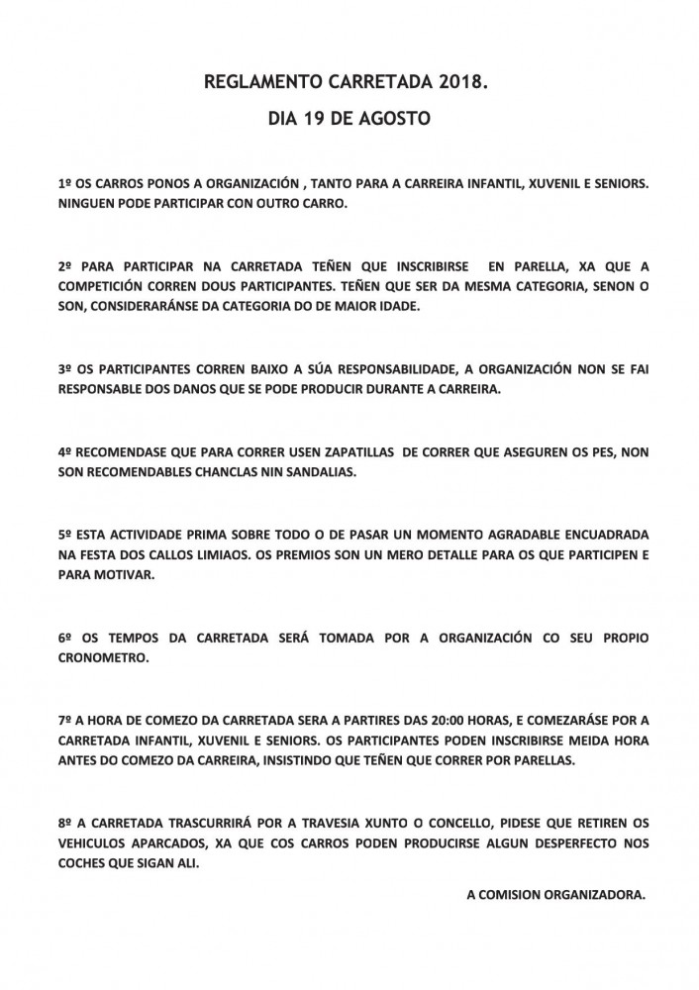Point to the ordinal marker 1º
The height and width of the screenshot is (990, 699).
(x=67, y=185)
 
